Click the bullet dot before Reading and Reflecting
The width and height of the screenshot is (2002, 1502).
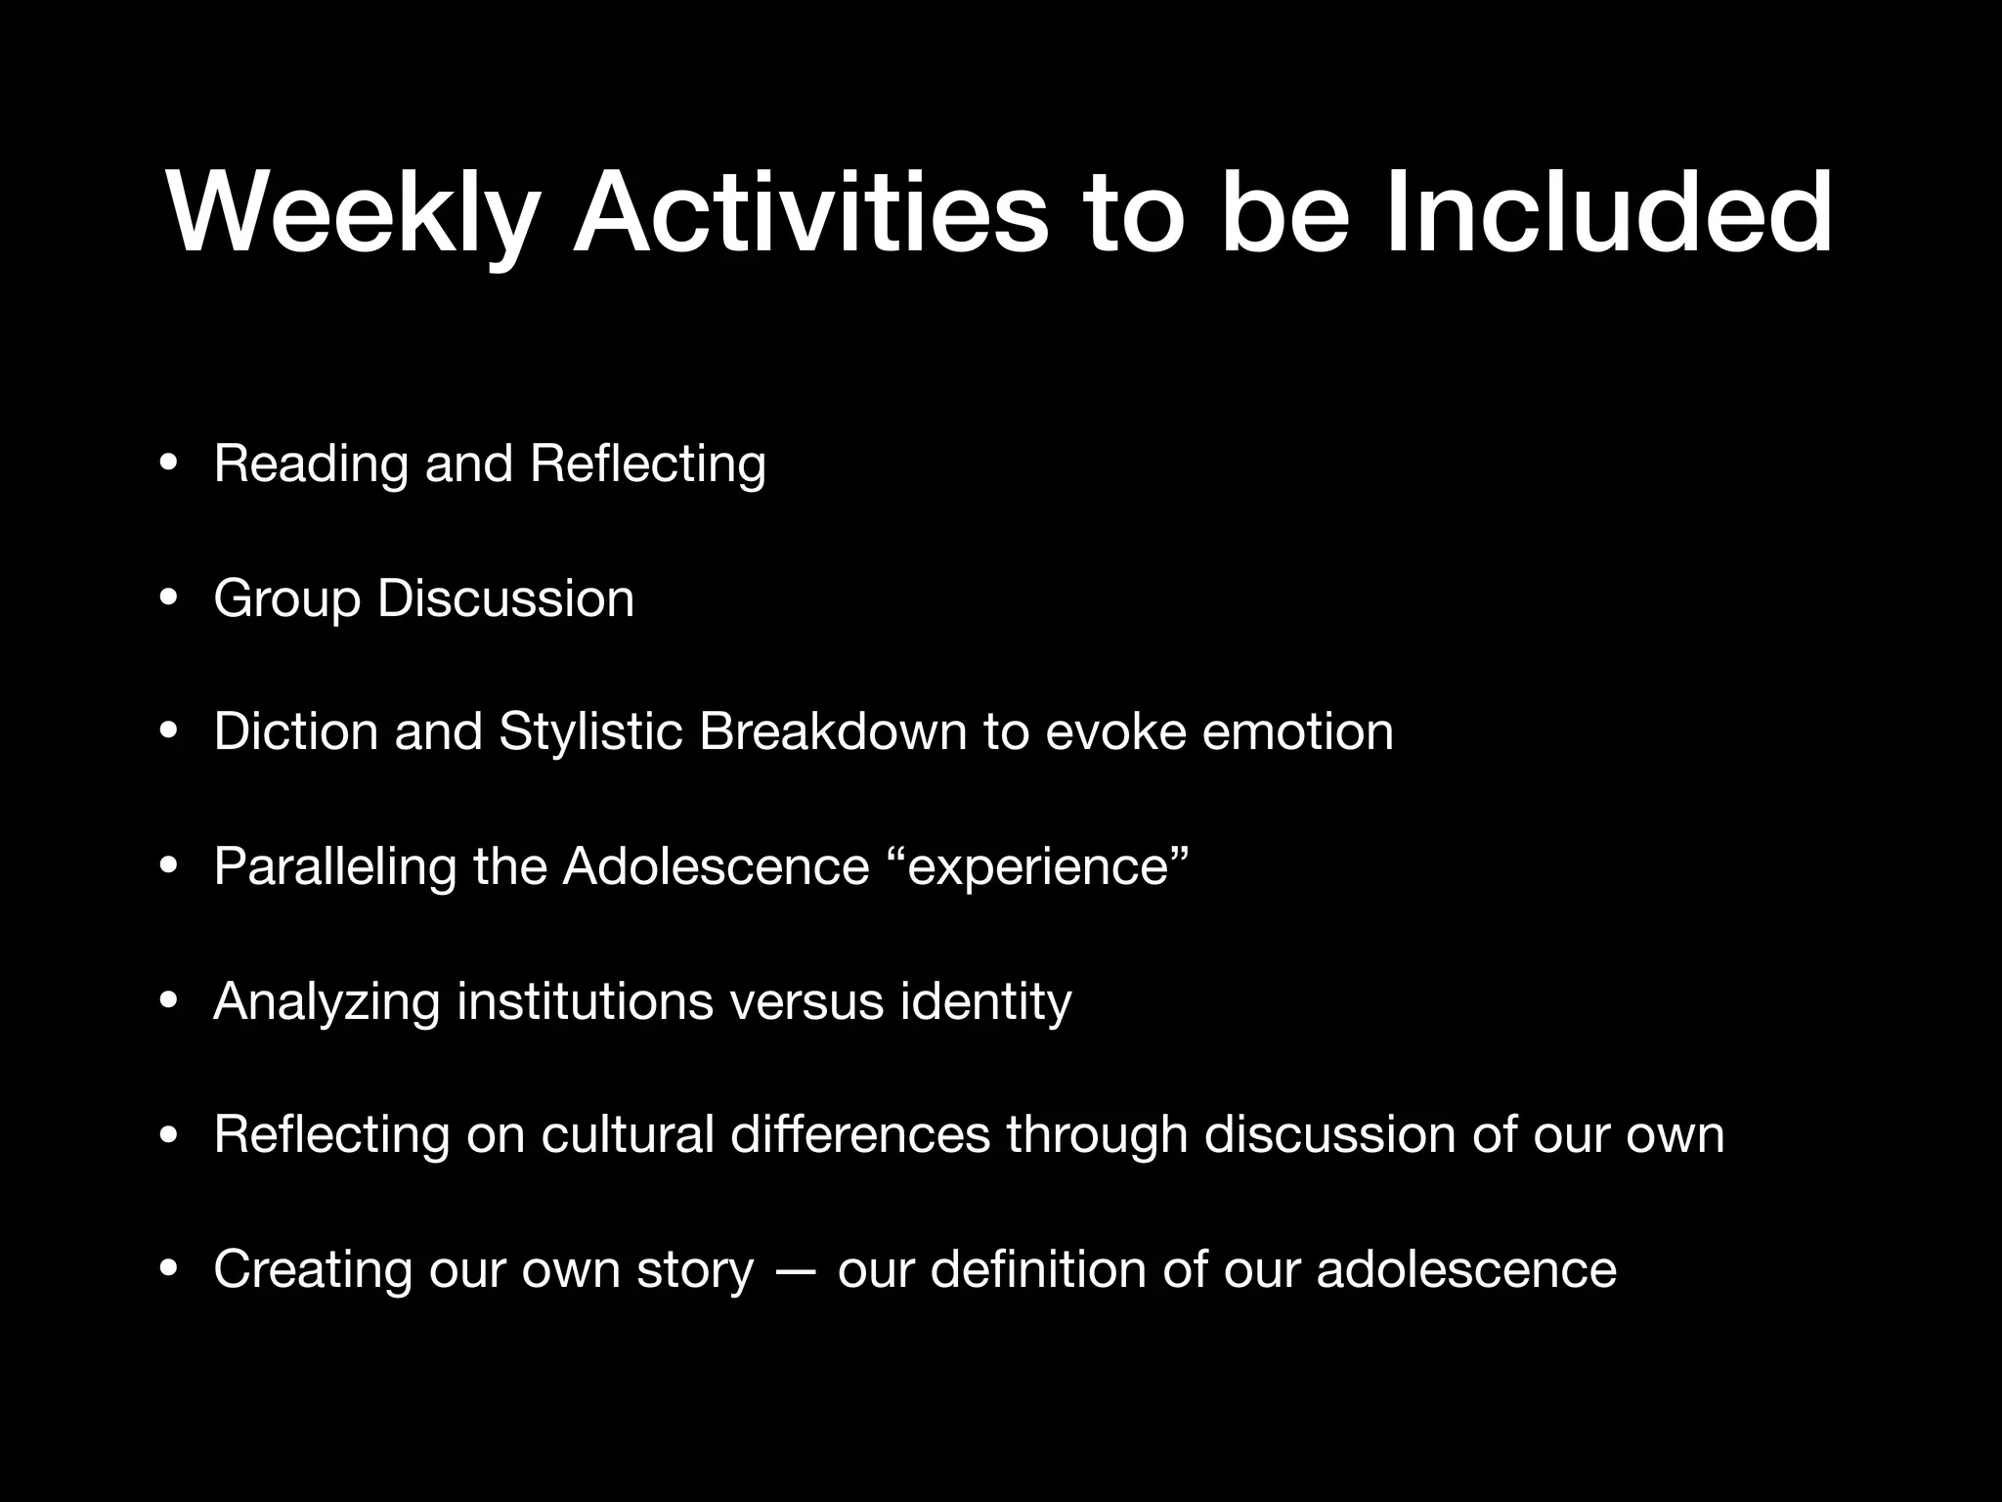[169, 464]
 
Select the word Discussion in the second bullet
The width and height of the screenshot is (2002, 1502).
[505, 597]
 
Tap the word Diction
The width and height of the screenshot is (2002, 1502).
[295, 731]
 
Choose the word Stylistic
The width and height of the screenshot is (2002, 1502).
[590, 731]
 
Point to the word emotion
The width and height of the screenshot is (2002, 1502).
[1297, 731]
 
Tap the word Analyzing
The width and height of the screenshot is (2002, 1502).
[326, 1001]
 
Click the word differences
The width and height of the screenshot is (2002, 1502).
[860, 1134]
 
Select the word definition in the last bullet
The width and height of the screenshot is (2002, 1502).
[1038, 1269]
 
